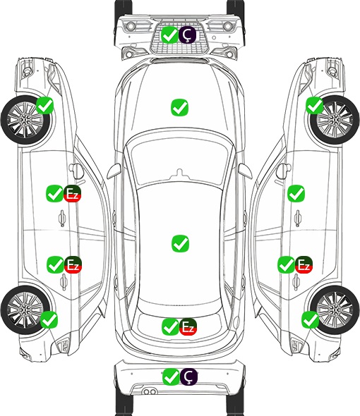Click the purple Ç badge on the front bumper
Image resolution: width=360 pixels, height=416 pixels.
(187, 35)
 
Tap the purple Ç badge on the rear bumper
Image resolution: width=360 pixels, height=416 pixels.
(188, 377)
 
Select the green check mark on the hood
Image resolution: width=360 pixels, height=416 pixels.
(179, 107)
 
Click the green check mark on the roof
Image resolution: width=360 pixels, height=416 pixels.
(180, 243)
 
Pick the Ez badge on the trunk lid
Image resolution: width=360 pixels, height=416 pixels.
(188, 326)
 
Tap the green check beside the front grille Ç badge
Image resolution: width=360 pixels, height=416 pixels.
(169, 35)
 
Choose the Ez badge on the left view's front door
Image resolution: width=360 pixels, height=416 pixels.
(72, 194)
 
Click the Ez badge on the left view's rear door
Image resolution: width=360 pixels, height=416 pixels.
(73, 264)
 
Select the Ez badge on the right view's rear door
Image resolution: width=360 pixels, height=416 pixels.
(304, 264)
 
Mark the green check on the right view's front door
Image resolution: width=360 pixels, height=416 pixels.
(296, 193)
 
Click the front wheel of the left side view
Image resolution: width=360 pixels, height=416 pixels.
(25, 121)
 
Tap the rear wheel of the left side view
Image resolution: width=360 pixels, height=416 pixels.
(25, 310)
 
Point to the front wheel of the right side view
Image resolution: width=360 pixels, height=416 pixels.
(335, 120)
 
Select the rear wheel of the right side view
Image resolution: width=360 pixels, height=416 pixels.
(335, 310)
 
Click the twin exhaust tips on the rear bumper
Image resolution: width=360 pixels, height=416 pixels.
(150, 391)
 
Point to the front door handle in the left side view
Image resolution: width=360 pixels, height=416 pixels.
(62, 218)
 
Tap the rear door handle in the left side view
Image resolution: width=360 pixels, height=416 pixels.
(64, 282)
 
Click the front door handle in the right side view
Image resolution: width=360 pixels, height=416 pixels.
(298, 218)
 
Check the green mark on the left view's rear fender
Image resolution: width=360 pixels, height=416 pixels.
(49, 319)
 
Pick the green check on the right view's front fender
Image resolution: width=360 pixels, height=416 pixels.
(315, 106)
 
